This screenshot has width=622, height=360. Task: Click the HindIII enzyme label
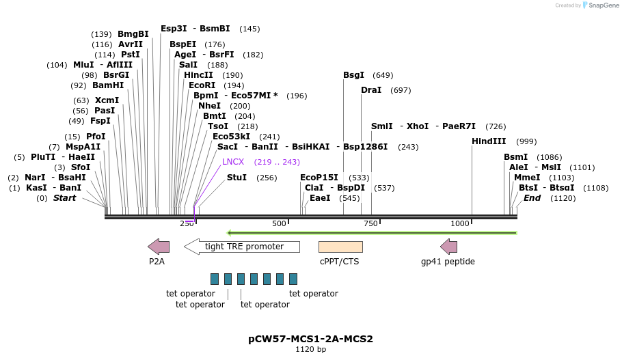click(489, 141)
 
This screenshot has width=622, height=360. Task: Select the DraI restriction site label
click(371, 90)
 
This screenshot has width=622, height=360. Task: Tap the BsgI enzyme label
click(353, 75)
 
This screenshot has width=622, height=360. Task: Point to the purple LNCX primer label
click(233, 162)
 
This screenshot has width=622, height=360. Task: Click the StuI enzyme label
click(236, 178)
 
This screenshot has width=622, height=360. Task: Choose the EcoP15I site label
click(319, 178)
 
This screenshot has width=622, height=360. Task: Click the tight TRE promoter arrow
click(242, 247)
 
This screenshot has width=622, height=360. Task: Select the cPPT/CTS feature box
click(340, 247)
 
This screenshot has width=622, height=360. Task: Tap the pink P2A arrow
click(158, 247)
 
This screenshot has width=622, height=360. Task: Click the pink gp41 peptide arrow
click(448, 247)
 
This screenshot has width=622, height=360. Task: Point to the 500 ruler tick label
click(279, 224)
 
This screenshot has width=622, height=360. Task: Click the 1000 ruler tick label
click(460, 224)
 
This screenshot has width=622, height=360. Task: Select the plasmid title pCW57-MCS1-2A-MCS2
click(310, 339)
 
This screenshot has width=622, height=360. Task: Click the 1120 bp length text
click(310, 350)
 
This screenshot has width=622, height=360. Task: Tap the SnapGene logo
click(599, 5)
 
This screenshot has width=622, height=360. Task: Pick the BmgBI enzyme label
click(133, 34)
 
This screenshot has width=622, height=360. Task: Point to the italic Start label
click(64, 198)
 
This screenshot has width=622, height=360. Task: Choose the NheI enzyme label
click(209, 106)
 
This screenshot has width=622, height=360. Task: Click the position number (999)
click(526, 141)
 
